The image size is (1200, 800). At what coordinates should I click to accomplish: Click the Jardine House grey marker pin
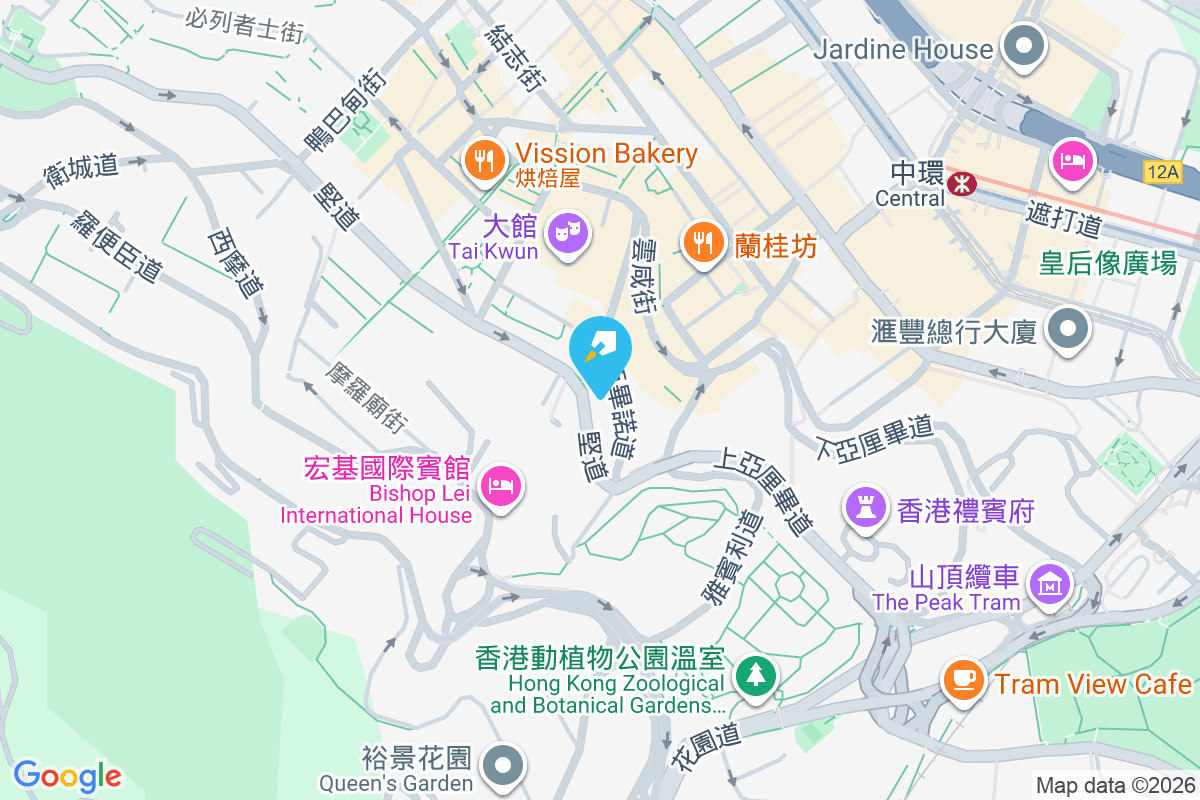(1024, 47)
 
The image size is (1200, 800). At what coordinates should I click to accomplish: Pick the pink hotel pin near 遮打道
(1071, 161)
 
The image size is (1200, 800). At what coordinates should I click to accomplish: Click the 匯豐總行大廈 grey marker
(1067, 329)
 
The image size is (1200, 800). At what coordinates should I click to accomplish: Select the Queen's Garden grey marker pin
(502, 767)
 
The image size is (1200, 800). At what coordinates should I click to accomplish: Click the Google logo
(68, 775)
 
